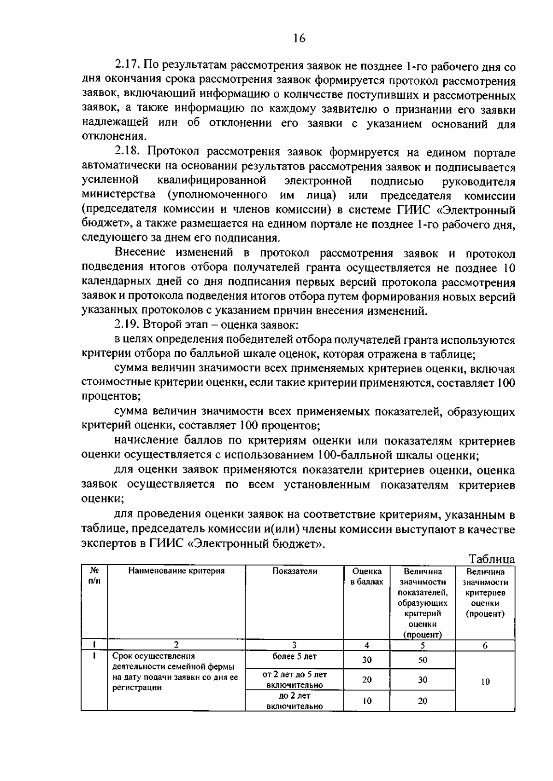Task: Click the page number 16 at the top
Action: (x=299, y=38)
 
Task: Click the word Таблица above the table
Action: (x=491, y=559)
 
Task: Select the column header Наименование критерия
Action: (x=176, y=571)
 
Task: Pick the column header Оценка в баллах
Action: (x=367, y=577)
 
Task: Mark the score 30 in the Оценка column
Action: (x=367, y=660)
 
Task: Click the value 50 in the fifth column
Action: (x=423, y=660)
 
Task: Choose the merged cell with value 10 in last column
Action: (x=485, y=682)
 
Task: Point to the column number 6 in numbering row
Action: (x=485, y=646)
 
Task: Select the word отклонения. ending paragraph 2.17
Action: (x=115, y=136)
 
